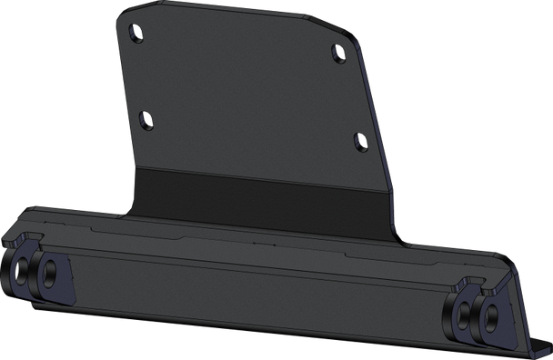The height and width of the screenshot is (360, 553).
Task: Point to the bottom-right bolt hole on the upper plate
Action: [358, 141]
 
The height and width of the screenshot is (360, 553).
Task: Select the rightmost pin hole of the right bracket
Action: [491, 317]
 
